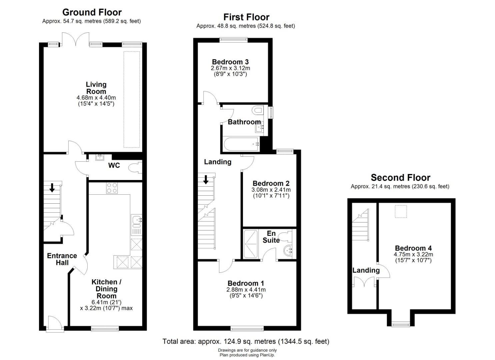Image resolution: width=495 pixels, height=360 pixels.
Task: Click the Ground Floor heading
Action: tap(92, 12)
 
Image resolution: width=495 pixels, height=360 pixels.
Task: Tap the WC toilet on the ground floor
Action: tap(135, 168)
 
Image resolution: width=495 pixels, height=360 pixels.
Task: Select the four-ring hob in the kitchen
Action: tap(112, 188)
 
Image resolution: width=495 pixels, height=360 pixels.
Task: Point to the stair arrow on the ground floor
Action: tap(52, 188)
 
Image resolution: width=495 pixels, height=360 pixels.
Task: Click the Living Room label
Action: tap(96, 88)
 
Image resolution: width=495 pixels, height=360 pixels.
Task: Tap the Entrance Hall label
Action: tap(62, 259)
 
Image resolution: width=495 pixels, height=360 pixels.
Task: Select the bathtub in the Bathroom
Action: tap(241, 144)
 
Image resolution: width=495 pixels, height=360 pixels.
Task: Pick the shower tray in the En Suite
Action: tap(250, 244)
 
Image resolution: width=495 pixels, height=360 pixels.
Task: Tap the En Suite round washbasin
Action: tap(287, 251)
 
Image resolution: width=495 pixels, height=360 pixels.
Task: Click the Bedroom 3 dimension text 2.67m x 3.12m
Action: tap(230, 68)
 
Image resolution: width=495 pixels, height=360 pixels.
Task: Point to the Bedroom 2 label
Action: tap(271, 183)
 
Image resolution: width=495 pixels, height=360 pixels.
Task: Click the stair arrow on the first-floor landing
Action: tap(206, 179)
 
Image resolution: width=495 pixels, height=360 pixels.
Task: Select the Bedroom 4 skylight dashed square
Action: tap(401, 211)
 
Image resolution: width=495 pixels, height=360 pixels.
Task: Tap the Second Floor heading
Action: tap(400, 177)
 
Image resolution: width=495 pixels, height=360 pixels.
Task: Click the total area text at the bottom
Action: tap(246, 341)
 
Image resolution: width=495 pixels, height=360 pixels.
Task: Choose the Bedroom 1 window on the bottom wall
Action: tap(247, 329)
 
